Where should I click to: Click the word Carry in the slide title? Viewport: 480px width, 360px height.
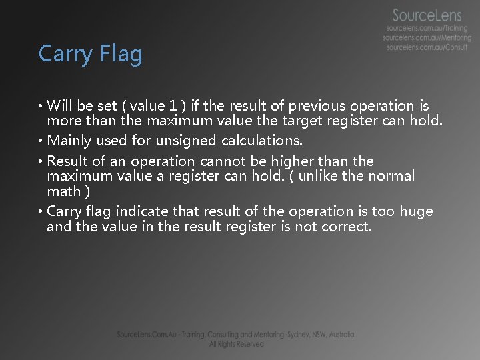pyautogui.click(x=62, y=55)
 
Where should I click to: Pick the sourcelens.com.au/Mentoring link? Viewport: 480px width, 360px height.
pyautogui.click(x=427, y=38)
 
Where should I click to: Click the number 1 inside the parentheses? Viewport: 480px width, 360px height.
pyautogui.click(x=173, y=106)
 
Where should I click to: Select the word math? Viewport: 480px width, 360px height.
pyautogui.click(x=63, y=192)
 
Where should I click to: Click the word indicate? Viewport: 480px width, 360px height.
pyautogui.click(x=141, y=211)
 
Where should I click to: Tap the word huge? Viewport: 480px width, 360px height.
pyautogui.click(x=417, y=211)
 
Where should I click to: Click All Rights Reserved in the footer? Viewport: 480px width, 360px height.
pyautogui.click(x=236, y=344)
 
